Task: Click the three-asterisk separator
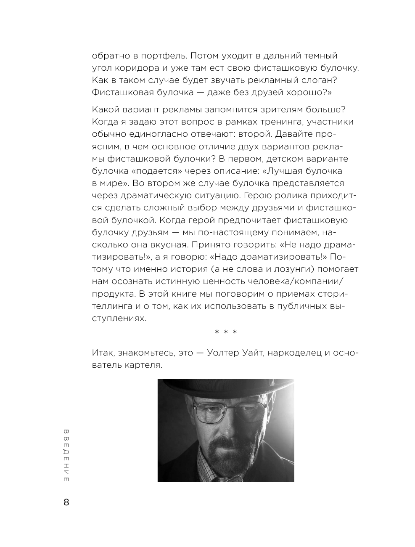[226, 332]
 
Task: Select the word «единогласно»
[150, 134]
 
